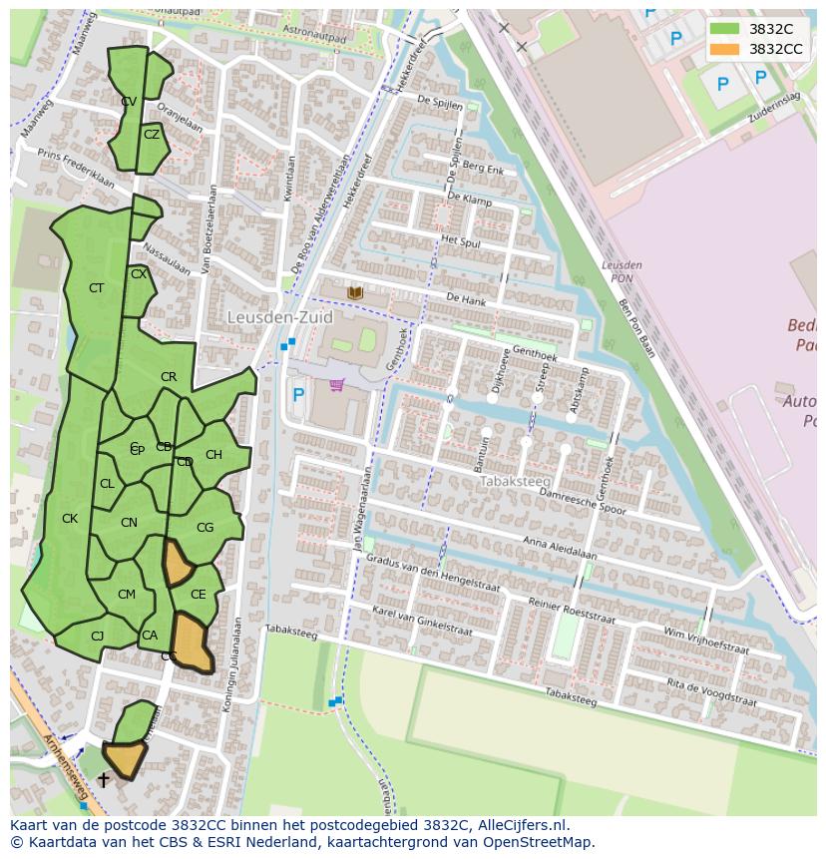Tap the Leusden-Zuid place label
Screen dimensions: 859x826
(x=279, y=317)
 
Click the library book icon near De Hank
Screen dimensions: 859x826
(x=355, y=292)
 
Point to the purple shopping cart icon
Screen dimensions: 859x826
(x=337, y=385)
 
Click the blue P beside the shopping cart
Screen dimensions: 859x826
(x=297, y=395)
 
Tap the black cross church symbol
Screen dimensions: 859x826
(x=103, y=780)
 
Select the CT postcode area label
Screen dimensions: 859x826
(x=96, y=288)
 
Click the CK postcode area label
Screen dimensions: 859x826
(x=70, y=519)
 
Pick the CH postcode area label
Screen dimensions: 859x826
(x=213, y=455)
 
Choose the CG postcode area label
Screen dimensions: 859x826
(x=205, y=528)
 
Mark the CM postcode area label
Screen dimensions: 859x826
(x=126, y=595)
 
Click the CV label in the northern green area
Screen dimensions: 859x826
(x=129, y=102)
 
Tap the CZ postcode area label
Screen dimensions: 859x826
(x=152, y=135)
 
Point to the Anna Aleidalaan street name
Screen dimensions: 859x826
(x=560, y=549)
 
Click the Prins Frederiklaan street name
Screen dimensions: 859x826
(x=76, y=168)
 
